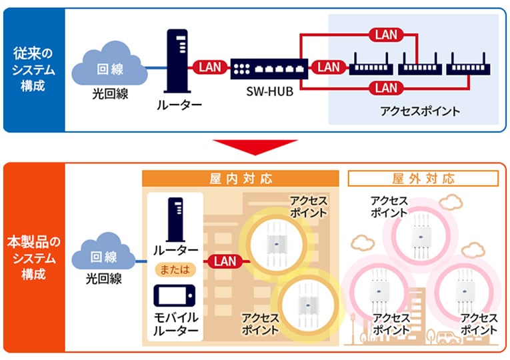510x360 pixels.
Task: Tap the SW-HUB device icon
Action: (266, 67)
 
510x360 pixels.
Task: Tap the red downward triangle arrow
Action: (255, 148)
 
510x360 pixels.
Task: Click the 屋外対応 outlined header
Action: (423, 179)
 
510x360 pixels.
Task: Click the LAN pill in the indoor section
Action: (225, 261)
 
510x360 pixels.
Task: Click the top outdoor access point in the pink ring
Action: (424, 231)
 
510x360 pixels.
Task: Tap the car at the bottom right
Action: (451, 337)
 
